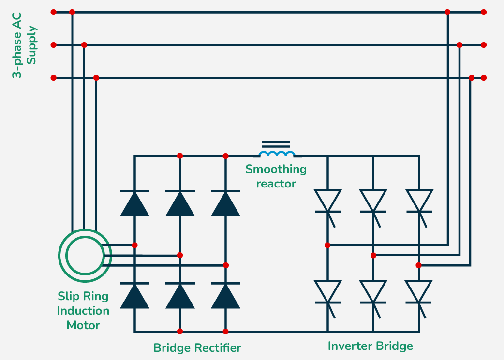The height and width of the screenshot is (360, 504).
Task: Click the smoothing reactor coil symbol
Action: click(x=277, y=154)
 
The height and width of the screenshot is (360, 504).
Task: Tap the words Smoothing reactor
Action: click(x=276, y=176)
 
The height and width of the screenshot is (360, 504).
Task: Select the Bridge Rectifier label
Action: click(x=197, y=348)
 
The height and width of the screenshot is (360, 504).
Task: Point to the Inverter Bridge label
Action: click(x=371, y=346)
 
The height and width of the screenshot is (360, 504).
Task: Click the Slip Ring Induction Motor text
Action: click(x=83, y=310)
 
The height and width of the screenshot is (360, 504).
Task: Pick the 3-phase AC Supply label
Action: click(x=24, y=52)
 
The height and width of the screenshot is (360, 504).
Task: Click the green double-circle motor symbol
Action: click(x=85, y=255)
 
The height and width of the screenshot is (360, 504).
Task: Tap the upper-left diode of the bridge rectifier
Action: click(x=134, y=203)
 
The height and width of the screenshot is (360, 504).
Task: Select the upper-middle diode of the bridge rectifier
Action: click(x=180, y=203)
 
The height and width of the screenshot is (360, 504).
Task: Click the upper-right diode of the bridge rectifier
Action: click(x=225, y=203)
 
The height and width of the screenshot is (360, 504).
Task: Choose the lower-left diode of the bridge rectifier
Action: click(x=134, y=295)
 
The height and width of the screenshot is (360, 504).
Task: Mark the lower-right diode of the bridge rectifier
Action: click(x=225, y=295)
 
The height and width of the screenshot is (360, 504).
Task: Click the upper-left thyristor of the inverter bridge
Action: click(x=327, y=201)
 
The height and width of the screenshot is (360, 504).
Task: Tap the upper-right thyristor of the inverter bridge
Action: click(x=419, y=201)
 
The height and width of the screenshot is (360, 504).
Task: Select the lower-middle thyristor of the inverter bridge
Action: click(x=373, y=293)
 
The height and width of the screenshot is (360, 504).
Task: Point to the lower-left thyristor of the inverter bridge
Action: click(x=327, y=293)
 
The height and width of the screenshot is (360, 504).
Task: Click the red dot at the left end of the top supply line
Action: click(x=53, y=12)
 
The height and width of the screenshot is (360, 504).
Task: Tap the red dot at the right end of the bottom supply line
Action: click(x=484, y=78)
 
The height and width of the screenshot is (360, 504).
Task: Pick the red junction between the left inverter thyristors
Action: click(x=327, y=245)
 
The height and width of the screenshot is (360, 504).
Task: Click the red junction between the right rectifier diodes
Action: click(x=225, y=265)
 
